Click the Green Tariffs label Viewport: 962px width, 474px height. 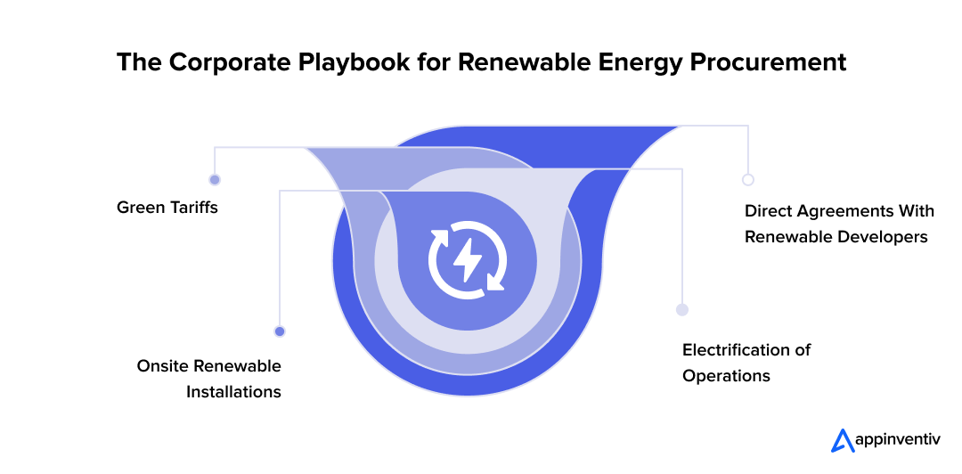[x=167, y=208]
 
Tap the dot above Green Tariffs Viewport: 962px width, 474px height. [x=215, y=179]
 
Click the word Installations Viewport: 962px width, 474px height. [x=233, y=392]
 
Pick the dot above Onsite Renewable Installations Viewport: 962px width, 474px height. [x=280, y=331]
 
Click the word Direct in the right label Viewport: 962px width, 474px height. [x=770, y=211]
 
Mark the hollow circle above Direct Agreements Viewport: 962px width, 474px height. [x=748, y=179]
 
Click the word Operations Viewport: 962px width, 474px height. [x=726, y=375]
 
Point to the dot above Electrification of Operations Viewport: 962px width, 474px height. [x=682, y=310]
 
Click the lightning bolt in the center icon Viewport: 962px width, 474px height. [x=468, y=259]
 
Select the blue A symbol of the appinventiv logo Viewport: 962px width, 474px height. [x=841, y=440]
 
